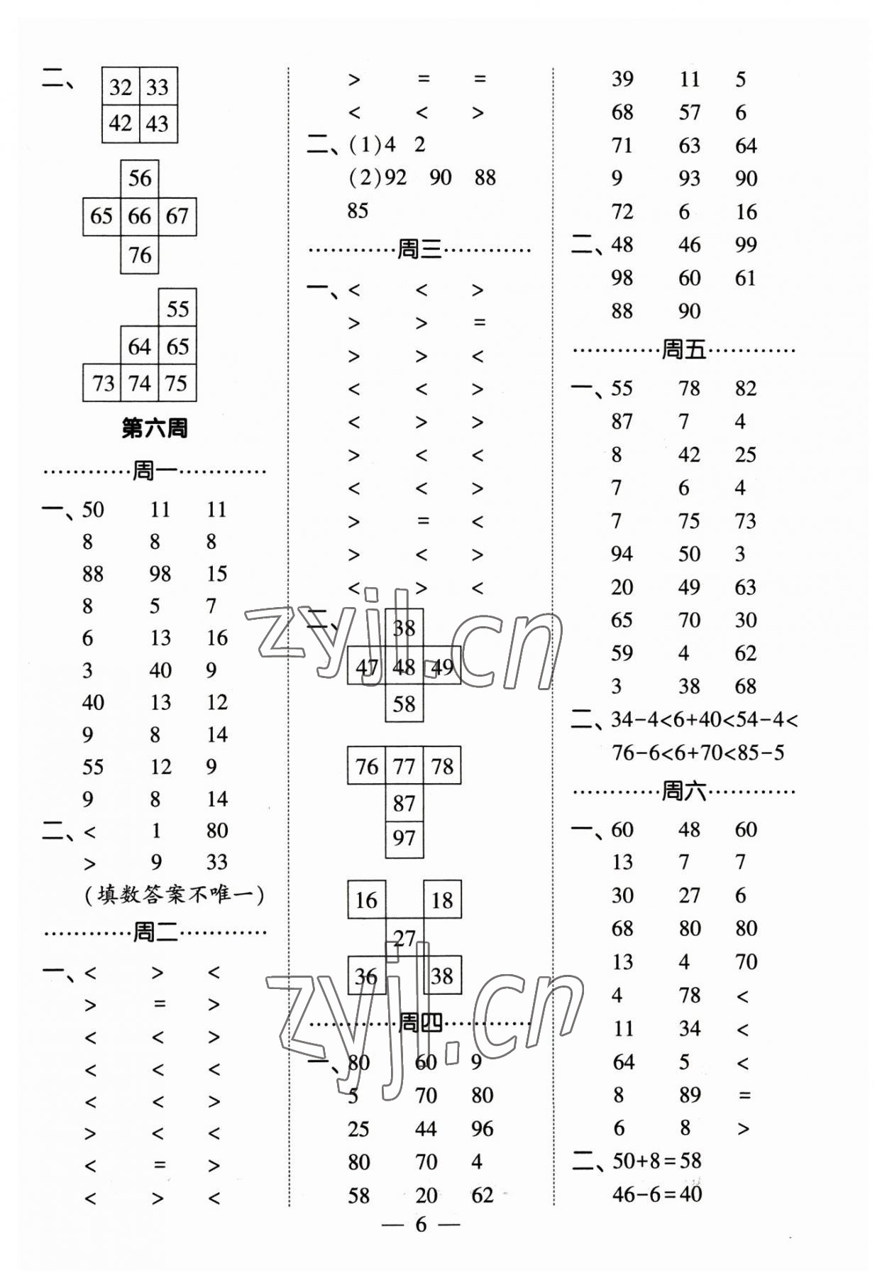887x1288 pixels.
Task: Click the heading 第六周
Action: coord(155,428)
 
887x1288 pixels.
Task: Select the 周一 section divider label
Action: coord(155,470)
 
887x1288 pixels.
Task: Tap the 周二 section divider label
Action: coord(155,932)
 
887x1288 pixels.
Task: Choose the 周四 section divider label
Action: coord(420,1022)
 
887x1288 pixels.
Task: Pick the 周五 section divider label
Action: coord(683,349)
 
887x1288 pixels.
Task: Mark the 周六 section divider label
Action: coord(683,790)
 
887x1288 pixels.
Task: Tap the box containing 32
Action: coord(121,87)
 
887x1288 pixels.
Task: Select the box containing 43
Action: coord(158,124)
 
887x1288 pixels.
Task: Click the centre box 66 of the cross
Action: coord(139,216)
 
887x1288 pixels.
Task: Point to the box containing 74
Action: coord(139,383)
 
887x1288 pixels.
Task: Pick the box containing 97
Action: coord(404,838)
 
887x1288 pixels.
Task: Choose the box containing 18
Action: coord(441,900)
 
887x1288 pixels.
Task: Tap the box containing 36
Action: coord(366,976)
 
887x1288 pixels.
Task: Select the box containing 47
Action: coord(366,667)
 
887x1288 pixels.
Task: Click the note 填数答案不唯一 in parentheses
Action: coord(174,895)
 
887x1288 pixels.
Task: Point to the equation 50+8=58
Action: coord(656,1161)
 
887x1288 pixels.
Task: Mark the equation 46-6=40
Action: coord(656,1194)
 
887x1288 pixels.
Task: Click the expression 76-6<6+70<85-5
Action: coord(698,753)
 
